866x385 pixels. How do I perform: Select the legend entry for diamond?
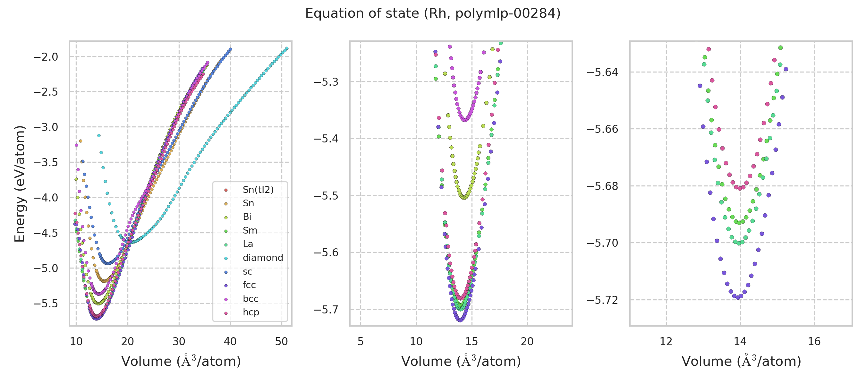tap(263, 258)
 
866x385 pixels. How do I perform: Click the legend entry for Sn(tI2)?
tap(258, 190)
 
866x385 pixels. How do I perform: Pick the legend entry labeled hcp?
tap(251, 312)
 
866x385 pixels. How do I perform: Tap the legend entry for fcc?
tap(249, 285)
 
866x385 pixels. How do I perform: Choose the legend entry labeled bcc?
tap(250, 299)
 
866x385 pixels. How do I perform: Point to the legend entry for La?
tap(248, 244)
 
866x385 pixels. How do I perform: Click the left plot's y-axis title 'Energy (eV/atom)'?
tap(20, 184)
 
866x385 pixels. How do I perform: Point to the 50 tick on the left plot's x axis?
tap(281, 342)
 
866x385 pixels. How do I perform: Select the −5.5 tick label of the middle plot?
tap(326, 196)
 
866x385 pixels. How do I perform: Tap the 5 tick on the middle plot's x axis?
tap(361, 342)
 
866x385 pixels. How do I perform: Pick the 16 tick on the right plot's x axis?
tap(814, 342)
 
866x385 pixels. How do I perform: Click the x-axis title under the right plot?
tap(741, 361)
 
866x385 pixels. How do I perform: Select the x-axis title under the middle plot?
tap(461, 361)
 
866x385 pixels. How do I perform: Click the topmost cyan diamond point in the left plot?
tap(287, 48)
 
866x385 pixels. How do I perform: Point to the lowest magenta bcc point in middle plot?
tap(465, 120)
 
